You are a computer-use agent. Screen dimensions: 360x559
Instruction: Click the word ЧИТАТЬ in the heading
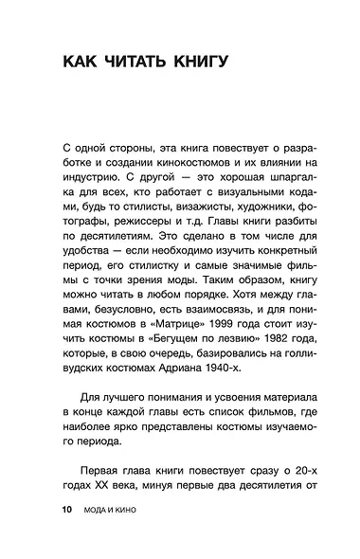132,63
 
